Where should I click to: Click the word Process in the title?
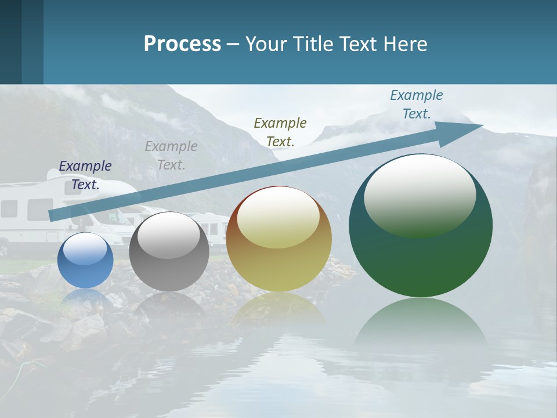coord(182,44)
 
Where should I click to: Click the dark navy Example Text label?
coord(85,175)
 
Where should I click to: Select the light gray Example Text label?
coord(171,156)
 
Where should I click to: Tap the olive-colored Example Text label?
coord(280,132)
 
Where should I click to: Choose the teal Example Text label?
coord(417,105)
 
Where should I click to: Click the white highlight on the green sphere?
coord(420,194)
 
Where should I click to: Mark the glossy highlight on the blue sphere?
coord(85,249)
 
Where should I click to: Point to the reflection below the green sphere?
coord(421,325)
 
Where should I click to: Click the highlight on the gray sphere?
coord(169,235)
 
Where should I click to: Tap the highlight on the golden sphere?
coord(278,216)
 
